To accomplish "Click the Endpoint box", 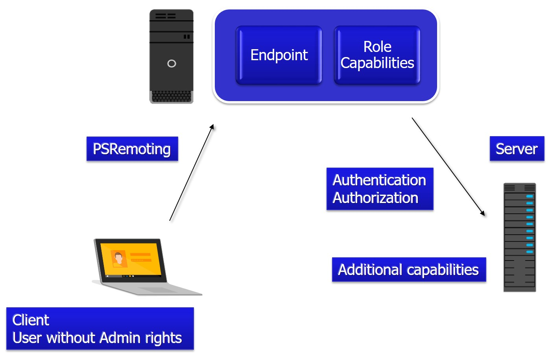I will (279, 55).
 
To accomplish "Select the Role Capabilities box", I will (377, 55).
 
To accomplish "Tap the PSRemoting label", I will (132, 149).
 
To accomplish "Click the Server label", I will (517, 149).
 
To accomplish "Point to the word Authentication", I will (379, 180).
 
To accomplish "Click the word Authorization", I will (375, 198).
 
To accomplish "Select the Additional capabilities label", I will (408, 270).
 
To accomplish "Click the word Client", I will (31, 320).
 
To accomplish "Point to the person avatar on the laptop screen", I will (118, 258).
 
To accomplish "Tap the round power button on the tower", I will (172, 63).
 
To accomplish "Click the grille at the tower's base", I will (172, 97).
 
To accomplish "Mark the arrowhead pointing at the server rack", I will (483, 214).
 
